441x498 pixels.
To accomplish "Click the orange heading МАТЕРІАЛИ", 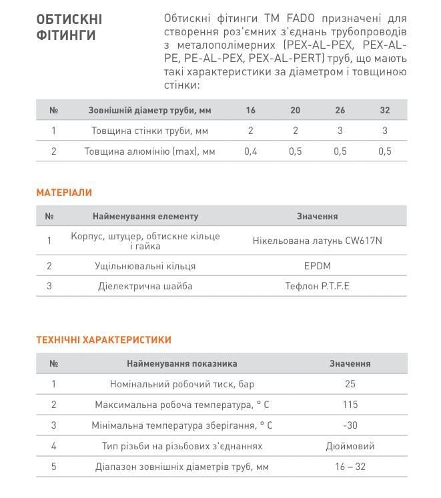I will coord(64,193).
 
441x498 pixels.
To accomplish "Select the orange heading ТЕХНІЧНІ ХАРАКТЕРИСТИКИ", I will coord(103,340).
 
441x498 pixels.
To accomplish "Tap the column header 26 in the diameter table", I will coord(340,111).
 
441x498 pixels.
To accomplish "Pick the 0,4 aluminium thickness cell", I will coord(251,151).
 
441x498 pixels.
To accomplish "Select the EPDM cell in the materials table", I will coord(317,266).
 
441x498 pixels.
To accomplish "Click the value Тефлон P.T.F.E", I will coord(317,287).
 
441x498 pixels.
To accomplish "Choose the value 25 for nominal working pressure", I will coord(350,384).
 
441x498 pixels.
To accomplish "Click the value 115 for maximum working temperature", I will coord(350,405).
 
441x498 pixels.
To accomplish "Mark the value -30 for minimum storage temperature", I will coord(350,425).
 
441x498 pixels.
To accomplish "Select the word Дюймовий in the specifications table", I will coord(350,446).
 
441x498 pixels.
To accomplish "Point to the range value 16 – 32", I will coord(350,467).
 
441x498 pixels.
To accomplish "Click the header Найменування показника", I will coord(181,364).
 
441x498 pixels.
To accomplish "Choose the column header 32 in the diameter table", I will coord(384,111).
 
